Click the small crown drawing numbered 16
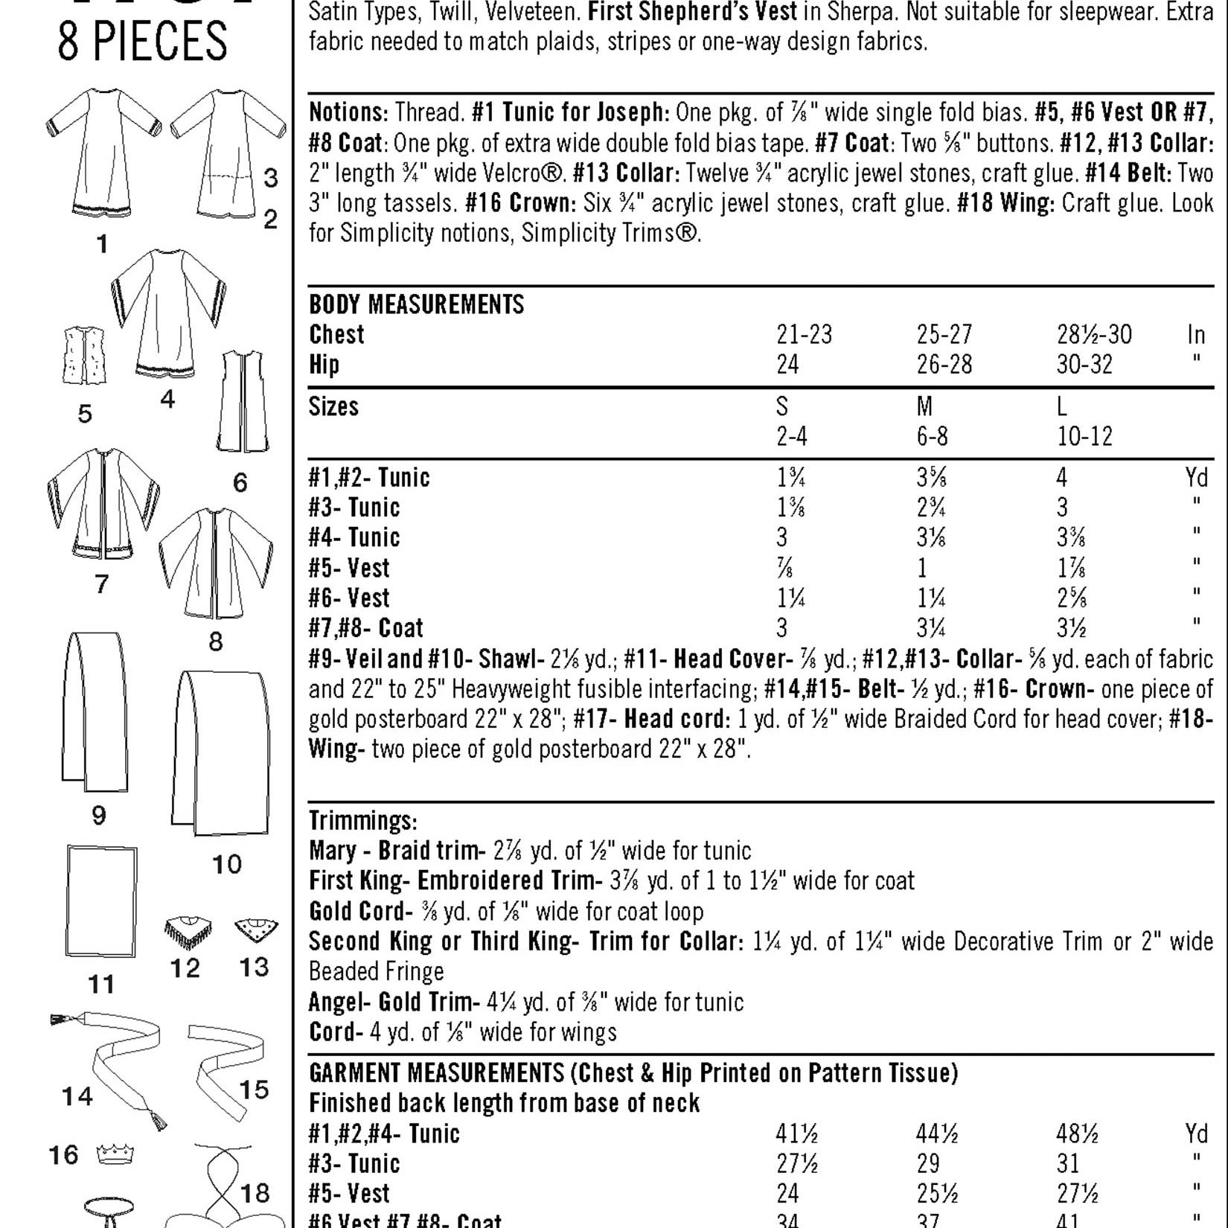coord(115,1154)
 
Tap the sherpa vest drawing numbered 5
coord(84,355)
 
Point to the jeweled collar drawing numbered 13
coord(256,930)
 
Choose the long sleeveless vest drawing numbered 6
coord(242,402)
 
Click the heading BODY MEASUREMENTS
coord(416,304)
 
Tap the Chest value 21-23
coord(804,335)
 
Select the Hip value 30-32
coord(1084,365)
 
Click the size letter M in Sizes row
coord(925,406)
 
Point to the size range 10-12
coord(1084,436)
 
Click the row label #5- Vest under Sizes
coord(349,569)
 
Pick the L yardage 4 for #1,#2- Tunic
coord(1062,477)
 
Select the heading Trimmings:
coord(362,821)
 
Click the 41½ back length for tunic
coord(796,1133)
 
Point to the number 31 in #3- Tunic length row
coord(1068,1163)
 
